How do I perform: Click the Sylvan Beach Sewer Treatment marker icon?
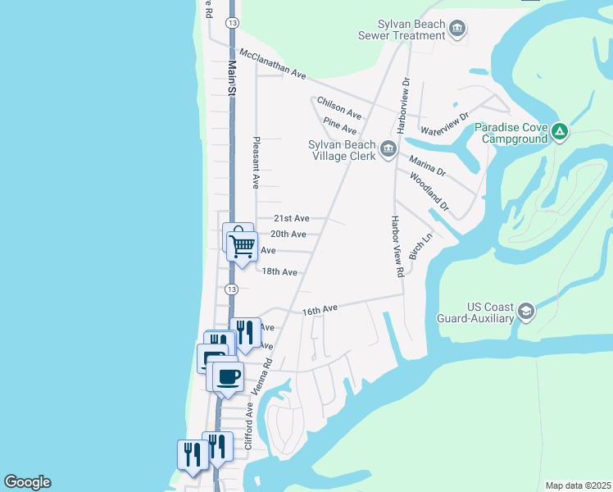[x=457, y=30]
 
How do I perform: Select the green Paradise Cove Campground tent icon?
[x=559, y=131]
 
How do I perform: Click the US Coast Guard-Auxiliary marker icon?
[x=525, y=312]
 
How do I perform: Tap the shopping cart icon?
[x=242, y=246]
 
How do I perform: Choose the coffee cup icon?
[x=228, y=376]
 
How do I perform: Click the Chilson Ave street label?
[x=339, y=107]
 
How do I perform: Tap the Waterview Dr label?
[x=443, y=124]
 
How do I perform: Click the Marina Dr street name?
[x=427, y=165]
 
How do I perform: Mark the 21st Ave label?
[x=291, y=218]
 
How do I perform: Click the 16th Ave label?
[x=320, y=310]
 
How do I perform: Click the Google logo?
[x=27, y=482]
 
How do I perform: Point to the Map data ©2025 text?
[x=577, y=485]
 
